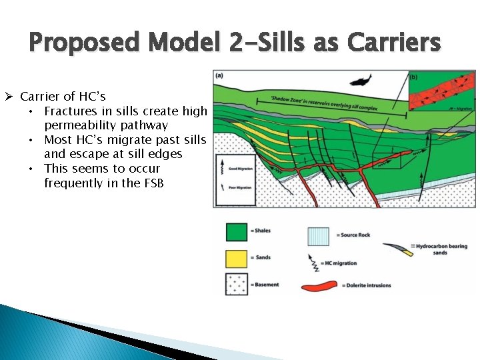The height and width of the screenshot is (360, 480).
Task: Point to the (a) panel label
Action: tap(219, 75)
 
